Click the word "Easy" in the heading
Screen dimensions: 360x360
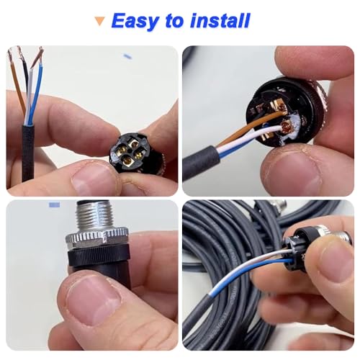[x=135, y=21]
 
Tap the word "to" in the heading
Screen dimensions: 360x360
[x=175, y=22]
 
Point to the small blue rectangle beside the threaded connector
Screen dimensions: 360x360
[x=54, y=205]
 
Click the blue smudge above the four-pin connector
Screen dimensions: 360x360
[x=127, y=55]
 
